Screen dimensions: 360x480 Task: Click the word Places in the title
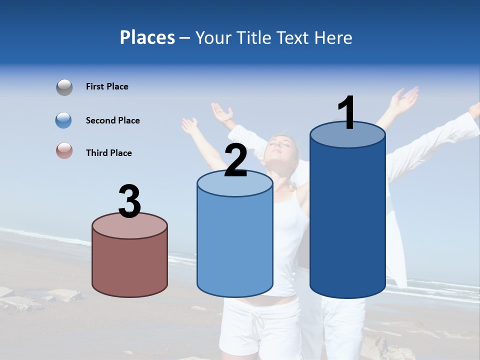point(147,37)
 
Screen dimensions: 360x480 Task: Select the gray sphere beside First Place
point(64,87)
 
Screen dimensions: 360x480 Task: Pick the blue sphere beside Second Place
point(64,120)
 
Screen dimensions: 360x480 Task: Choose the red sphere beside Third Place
point(64,151)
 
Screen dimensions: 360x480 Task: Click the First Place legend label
point(107,86)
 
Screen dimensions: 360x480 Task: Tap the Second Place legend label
point(112,120)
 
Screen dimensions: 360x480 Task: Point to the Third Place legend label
point(108,153)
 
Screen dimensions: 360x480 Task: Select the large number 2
point(235,160)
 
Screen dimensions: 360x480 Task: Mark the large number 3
point(129,201)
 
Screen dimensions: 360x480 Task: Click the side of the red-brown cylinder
point(129,265)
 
